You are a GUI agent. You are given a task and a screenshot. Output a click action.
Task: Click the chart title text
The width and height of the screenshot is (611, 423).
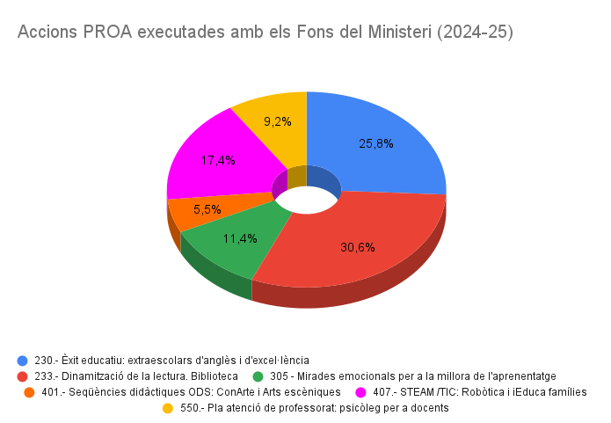point(265,33)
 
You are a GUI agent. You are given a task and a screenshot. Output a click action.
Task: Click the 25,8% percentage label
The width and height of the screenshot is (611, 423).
point(376,142)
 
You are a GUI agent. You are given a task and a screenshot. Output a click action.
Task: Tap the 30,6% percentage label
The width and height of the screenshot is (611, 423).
point(358,247)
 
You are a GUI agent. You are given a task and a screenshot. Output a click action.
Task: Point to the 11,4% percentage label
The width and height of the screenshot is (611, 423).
point(240,238)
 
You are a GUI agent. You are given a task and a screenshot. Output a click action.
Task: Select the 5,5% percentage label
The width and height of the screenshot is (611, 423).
point(207,209)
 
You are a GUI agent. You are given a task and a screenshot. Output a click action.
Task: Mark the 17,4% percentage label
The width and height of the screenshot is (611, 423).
point(217,160)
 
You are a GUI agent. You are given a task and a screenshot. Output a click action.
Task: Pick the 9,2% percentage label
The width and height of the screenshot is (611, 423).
point(278,120)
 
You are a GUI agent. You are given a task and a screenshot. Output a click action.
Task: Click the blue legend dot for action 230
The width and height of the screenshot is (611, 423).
point(22,361)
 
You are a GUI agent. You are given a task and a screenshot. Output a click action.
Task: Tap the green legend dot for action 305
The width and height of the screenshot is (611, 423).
point(258,376)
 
